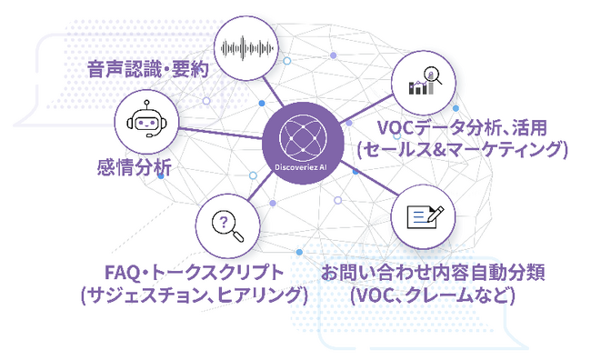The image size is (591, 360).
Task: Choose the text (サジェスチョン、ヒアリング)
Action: click(x=194, y=295)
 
